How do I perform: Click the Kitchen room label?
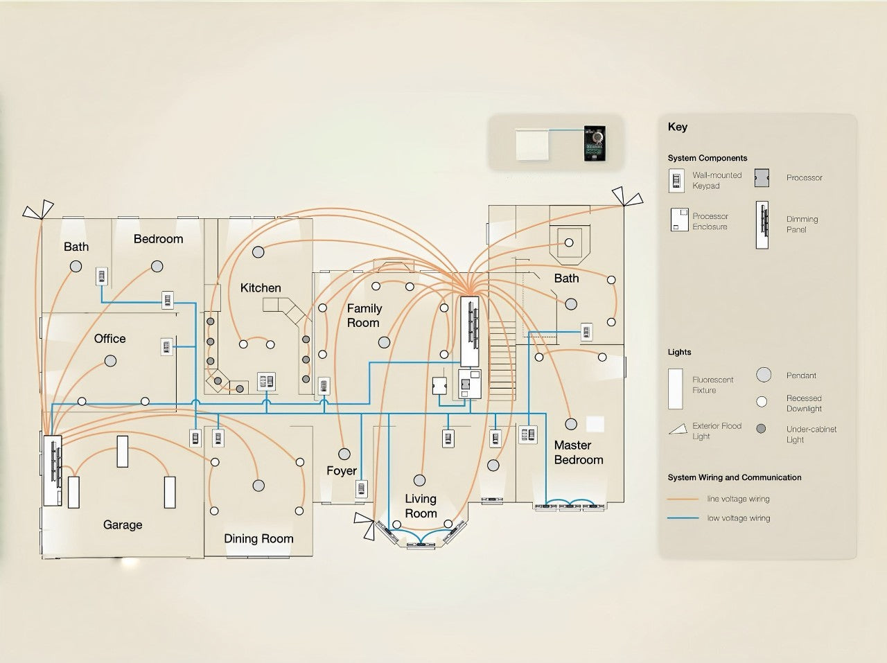[261, 288]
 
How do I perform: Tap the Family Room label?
[364, 315]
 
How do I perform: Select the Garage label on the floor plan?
[123, 524]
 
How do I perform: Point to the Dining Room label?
[258, 538]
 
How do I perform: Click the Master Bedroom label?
[578, 452]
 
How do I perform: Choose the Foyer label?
[342, 470]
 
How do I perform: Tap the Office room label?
[110, 338]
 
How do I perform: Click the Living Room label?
[421, 506]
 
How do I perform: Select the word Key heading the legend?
[678, 126]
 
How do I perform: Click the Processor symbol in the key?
[762, 178]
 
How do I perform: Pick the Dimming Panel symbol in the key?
[762, 224]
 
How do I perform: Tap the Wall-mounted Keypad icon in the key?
[676, 181]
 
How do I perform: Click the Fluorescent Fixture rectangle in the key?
[675, 389]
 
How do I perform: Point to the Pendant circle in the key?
[764, 375]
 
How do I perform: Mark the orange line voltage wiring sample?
[683, 499]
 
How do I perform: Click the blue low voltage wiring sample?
[683, 518]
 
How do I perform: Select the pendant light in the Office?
[110, 361]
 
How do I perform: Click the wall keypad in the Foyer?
[361, 489]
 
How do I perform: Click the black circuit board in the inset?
[595, 143]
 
